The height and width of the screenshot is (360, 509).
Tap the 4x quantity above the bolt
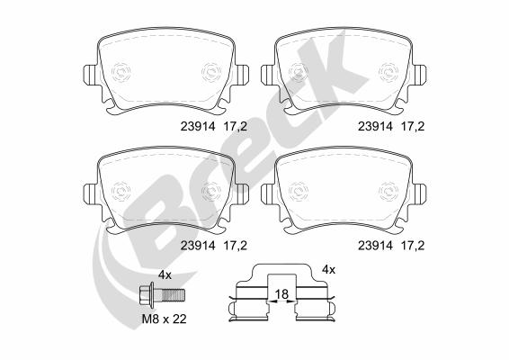(x=165, y=274)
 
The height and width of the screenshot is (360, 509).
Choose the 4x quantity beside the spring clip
(x=328, y=269)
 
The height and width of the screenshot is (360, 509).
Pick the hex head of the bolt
(x=148, y=294)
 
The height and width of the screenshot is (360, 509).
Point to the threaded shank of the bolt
(x=174, y=294)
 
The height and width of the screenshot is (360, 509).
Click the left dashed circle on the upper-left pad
(x=122, y=70)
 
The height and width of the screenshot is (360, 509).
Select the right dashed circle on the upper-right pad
(x=388, y=70)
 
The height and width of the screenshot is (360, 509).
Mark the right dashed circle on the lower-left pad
(x=211, y=192)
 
